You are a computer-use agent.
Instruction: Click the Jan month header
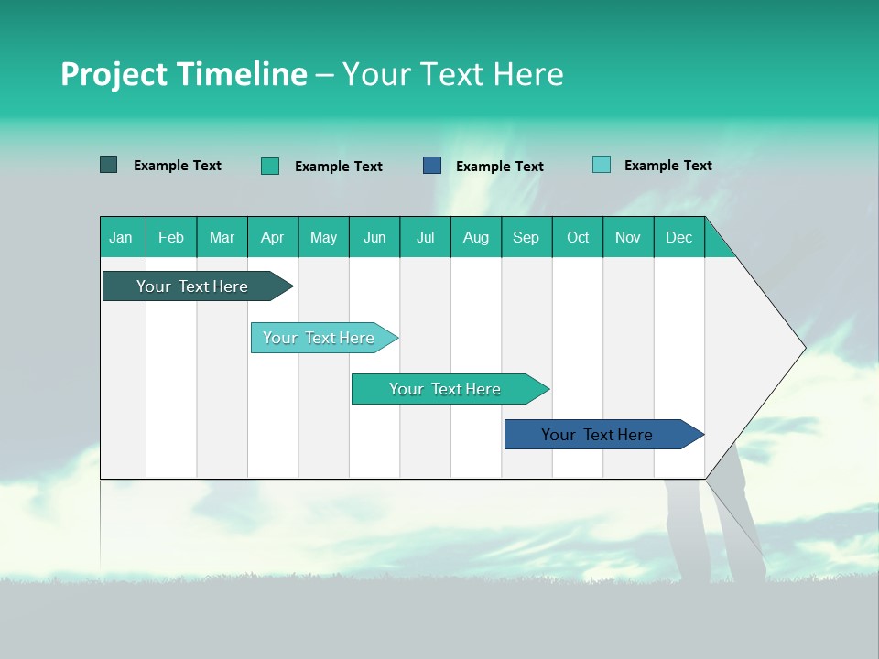pyautogui.click(x=121, y=237)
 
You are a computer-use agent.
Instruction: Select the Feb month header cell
pyautogui.click(x=171, y=237)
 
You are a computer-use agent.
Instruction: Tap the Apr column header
pyautogui.click(x=273, y=237)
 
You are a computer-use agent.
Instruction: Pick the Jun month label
pyautogui.click(x=374, y=237)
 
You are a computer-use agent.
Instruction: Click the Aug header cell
pyautogui.click(x=476, y=237)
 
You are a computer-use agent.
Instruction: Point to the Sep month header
pyautogui.click(x=526, y=237)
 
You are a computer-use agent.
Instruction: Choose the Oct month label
pyautogui.click(x=578, y=237)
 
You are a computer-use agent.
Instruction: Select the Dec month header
pyautogui.click(x=679, y=237)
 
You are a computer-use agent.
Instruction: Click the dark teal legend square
pyautogui.click(x=109, y=165)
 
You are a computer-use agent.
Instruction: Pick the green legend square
pyautogui.click(x=270, y=166)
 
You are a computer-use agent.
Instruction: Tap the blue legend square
pyautogui.click(x=432, y=166)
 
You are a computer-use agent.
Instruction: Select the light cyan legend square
pyautogui.click(x=602, y=165)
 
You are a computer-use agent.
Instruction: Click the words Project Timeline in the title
pyautogui.click(x=183, y=74)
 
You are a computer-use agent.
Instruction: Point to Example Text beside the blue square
pyautogui.click(x=500, y=167)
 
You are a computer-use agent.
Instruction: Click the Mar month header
pyautogui.click(x=222, y=237)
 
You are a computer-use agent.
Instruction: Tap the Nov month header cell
pyautogui.click(x=628, y=237)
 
